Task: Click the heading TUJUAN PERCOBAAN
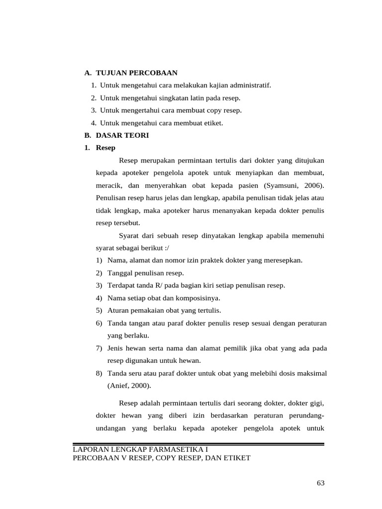tap(137, 73)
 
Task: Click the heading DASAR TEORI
tap(122, 135)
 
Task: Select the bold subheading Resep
tap(105, 148)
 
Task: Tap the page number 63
tap(320, 483)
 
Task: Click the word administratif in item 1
tap(251, 85)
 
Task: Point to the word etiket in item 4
tap(214, 123)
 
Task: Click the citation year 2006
tap(311, 185)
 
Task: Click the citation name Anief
tap(118, 385)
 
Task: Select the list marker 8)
tap(99, 373)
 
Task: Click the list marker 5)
tap(99, 310)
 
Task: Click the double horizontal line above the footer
tap(198, 444)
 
